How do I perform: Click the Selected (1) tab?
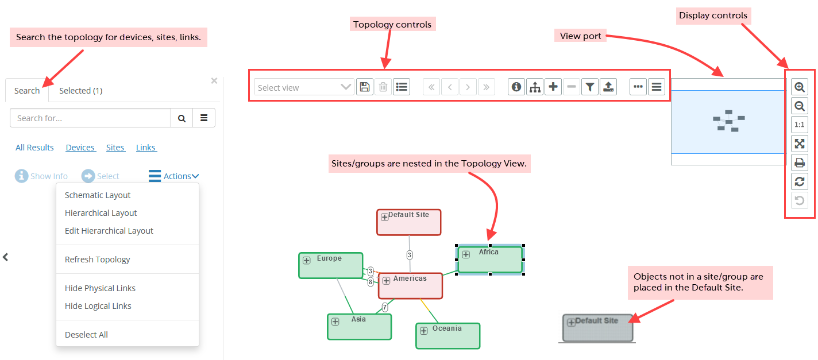[80, 91]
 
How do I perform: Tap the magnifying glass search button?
[182, 118]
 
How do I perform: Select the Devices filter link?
[80, 148]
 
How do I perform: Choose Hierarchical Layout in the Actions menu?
[101, 213]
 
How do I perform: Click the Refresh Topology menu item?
[97, 260]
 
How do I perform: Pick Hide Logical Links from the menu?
[98, 306]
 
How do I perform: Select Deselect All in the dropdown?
[86, 335]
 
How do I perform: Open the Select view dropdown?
[304, 87]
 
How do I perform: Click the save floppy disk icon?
[364, 87]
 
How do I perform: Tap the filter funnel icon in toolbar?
[589, 87]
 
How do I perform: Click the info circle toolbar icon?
[516, 87]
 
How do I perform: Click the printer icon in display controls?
[799, 162]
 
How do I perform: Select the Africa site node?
[490, 260]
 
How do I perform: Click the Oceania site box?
[448, 336]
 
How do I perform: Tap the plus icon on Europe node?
[307, 260]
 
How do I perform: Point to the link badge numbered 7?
[385, 307]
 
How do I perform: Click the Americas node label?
[410, 279]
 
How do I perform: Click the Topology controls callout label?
[392, 25]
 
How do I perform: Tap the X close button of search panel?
[214, 81]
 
